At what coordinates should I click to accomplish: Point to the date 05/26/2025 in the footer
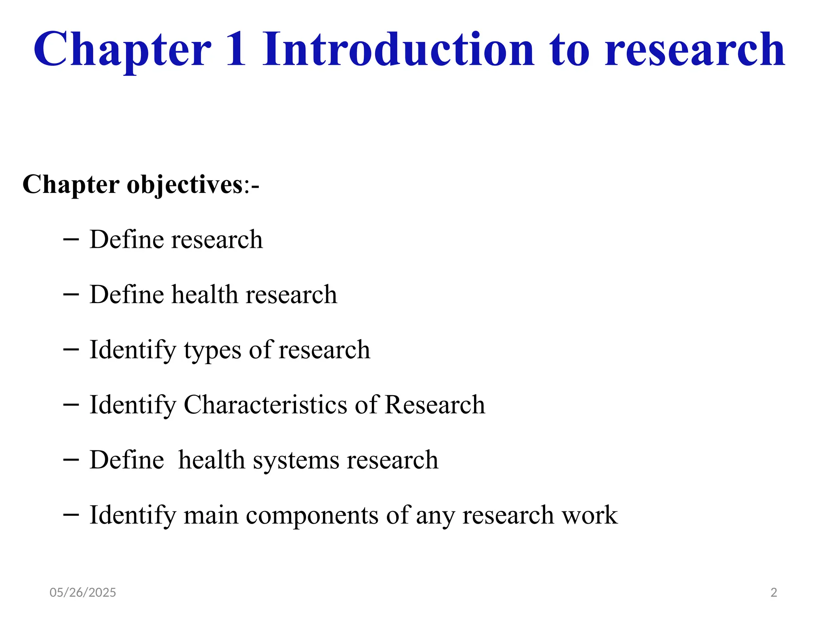[x=83, y=593]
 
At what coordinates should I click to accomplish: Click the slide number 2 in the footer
[x=774, y=593]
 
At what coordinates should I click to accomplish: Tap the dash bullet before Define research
[x=71, y=240]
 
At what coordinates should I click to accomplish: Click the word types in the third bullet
[x=212, y=350]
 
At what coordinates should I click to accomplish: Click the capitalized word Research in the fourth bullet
[x=435, y=404]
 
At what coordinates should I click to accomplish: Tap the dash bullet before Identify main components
[x=71, y=515]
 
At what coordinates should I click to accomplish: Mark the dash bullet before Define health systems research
[x=71, y=460]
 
